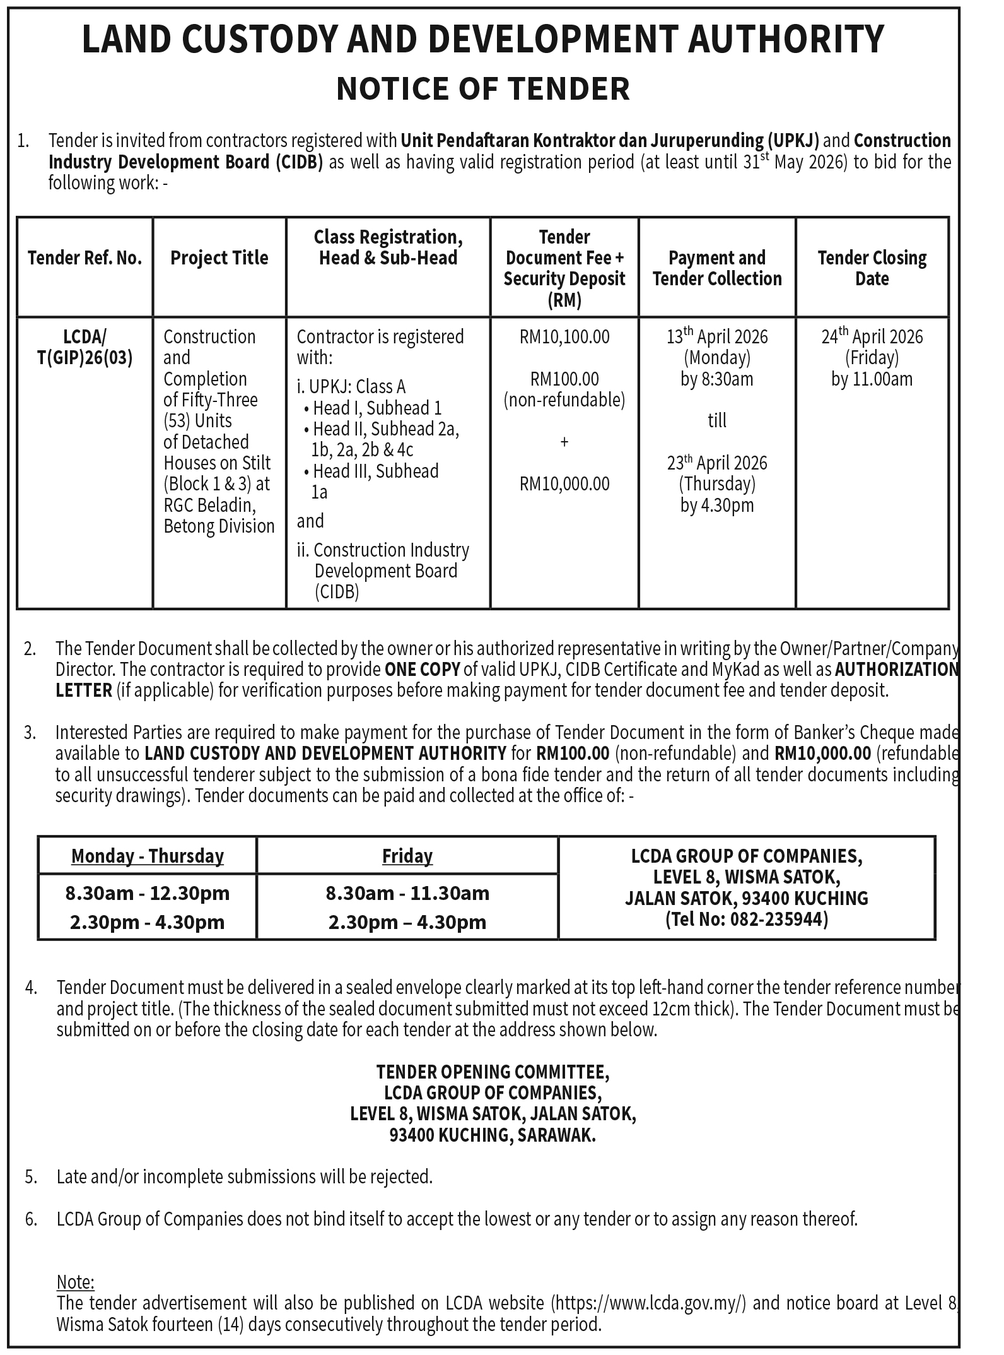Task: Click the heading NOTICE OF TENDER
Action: coord(483,88)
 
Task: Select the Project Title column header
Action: coord(219,257)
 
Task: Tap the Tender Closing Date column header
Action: coord(872,268)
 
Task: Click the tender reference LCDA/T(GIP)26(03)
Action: coord(85,347)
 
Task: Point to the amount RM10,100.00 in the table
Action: coord(564,337)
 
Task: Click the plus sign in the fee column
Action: coord(564,442)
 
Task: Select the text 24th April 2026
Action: coord(872,337)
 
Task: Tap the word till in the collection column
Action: coord(717,421)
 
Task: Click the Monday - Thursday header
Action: coord(148,856)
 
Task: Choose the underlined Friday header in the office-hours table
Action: coord(407,856)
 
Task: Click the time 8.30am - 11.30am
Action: coord(407,893)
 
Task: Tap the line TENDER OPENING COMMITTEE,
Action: coord(493,1072)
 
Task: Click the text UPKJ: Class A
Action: coord(357,386)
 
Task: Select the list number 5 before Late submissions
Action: coord(31,1176)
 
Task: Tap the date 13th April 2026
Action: coord(717,337)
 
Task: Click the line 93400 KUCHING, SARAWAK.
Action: coord(493,1135)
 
